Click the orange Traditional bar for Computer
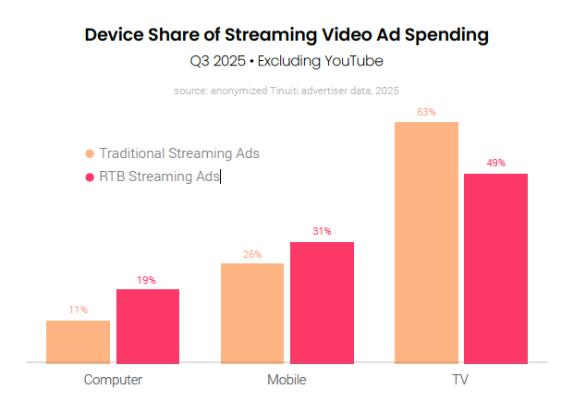coord(78,342)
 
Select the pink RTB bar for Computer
coord(148,325)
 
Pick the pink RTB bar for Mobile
coord(322,302)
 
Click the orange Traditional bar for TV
coord(426,242)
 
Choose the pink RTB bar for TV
coord(495,268)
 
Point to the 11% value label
coord(78,310)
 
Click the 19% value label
coord(148,279)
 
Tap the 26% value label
coord(252,253)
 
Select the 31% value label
coord(322,232)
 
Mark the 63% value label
coord(426,112)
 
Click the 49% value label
coord(495,164)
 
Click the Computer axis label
coord(113,380)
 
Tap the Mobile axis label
coord(286,380)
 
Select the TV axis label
coord(461,380)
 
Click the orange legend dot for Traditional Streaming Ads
coord(90,154)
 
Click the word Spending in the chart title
coord(438,36)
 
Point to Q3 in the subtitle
coord(200,62)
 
